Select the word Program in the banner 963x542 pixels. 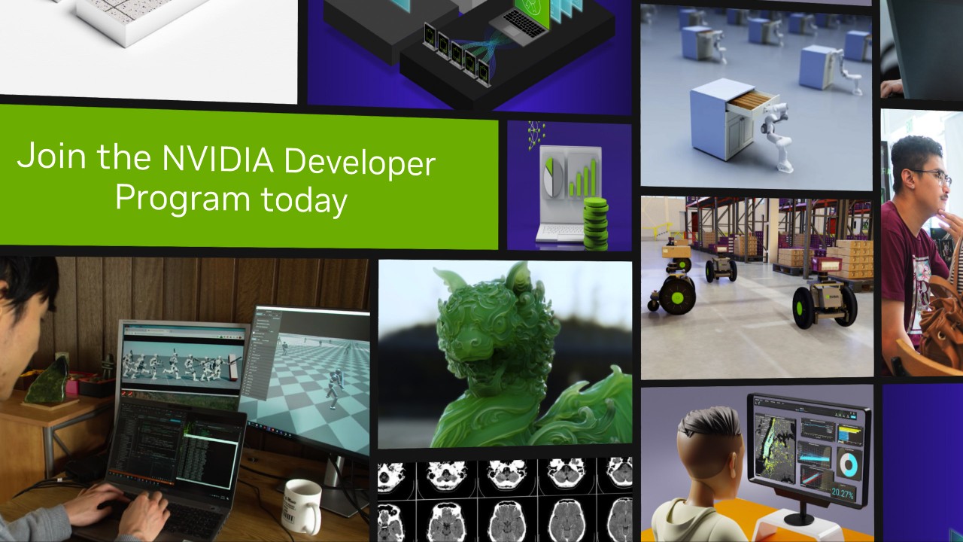coord(182,199)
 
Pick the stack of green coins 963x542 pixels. coord(595,224)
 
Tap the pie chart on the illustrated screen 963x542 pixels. coord(553,176)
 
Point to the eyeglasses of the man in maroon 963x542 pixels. coord(934,177)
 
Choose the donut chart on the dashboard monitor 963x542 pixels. coord(849,464)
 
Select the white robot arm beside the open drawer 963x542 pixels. coord(775,132)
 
